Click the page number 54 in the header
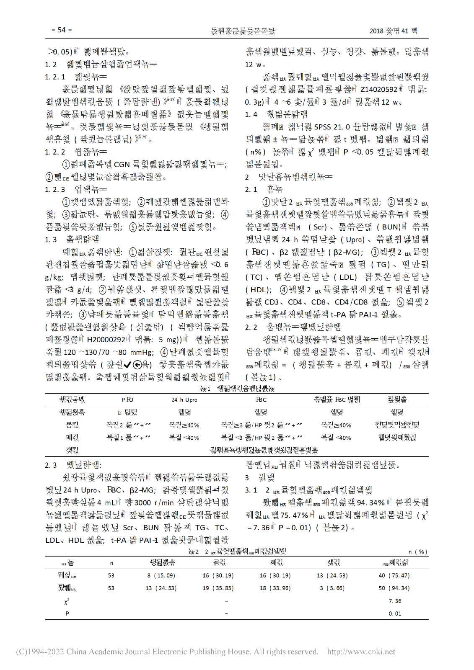[62, 30]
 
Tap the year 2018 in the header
[376, 31]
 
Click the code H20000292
[106, 340]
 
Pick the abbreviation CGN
[122, 165]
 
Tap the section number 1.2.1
[55, 77]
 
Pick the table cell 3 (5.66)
[332, 588]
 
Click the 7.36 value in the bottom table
[395, 601]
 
